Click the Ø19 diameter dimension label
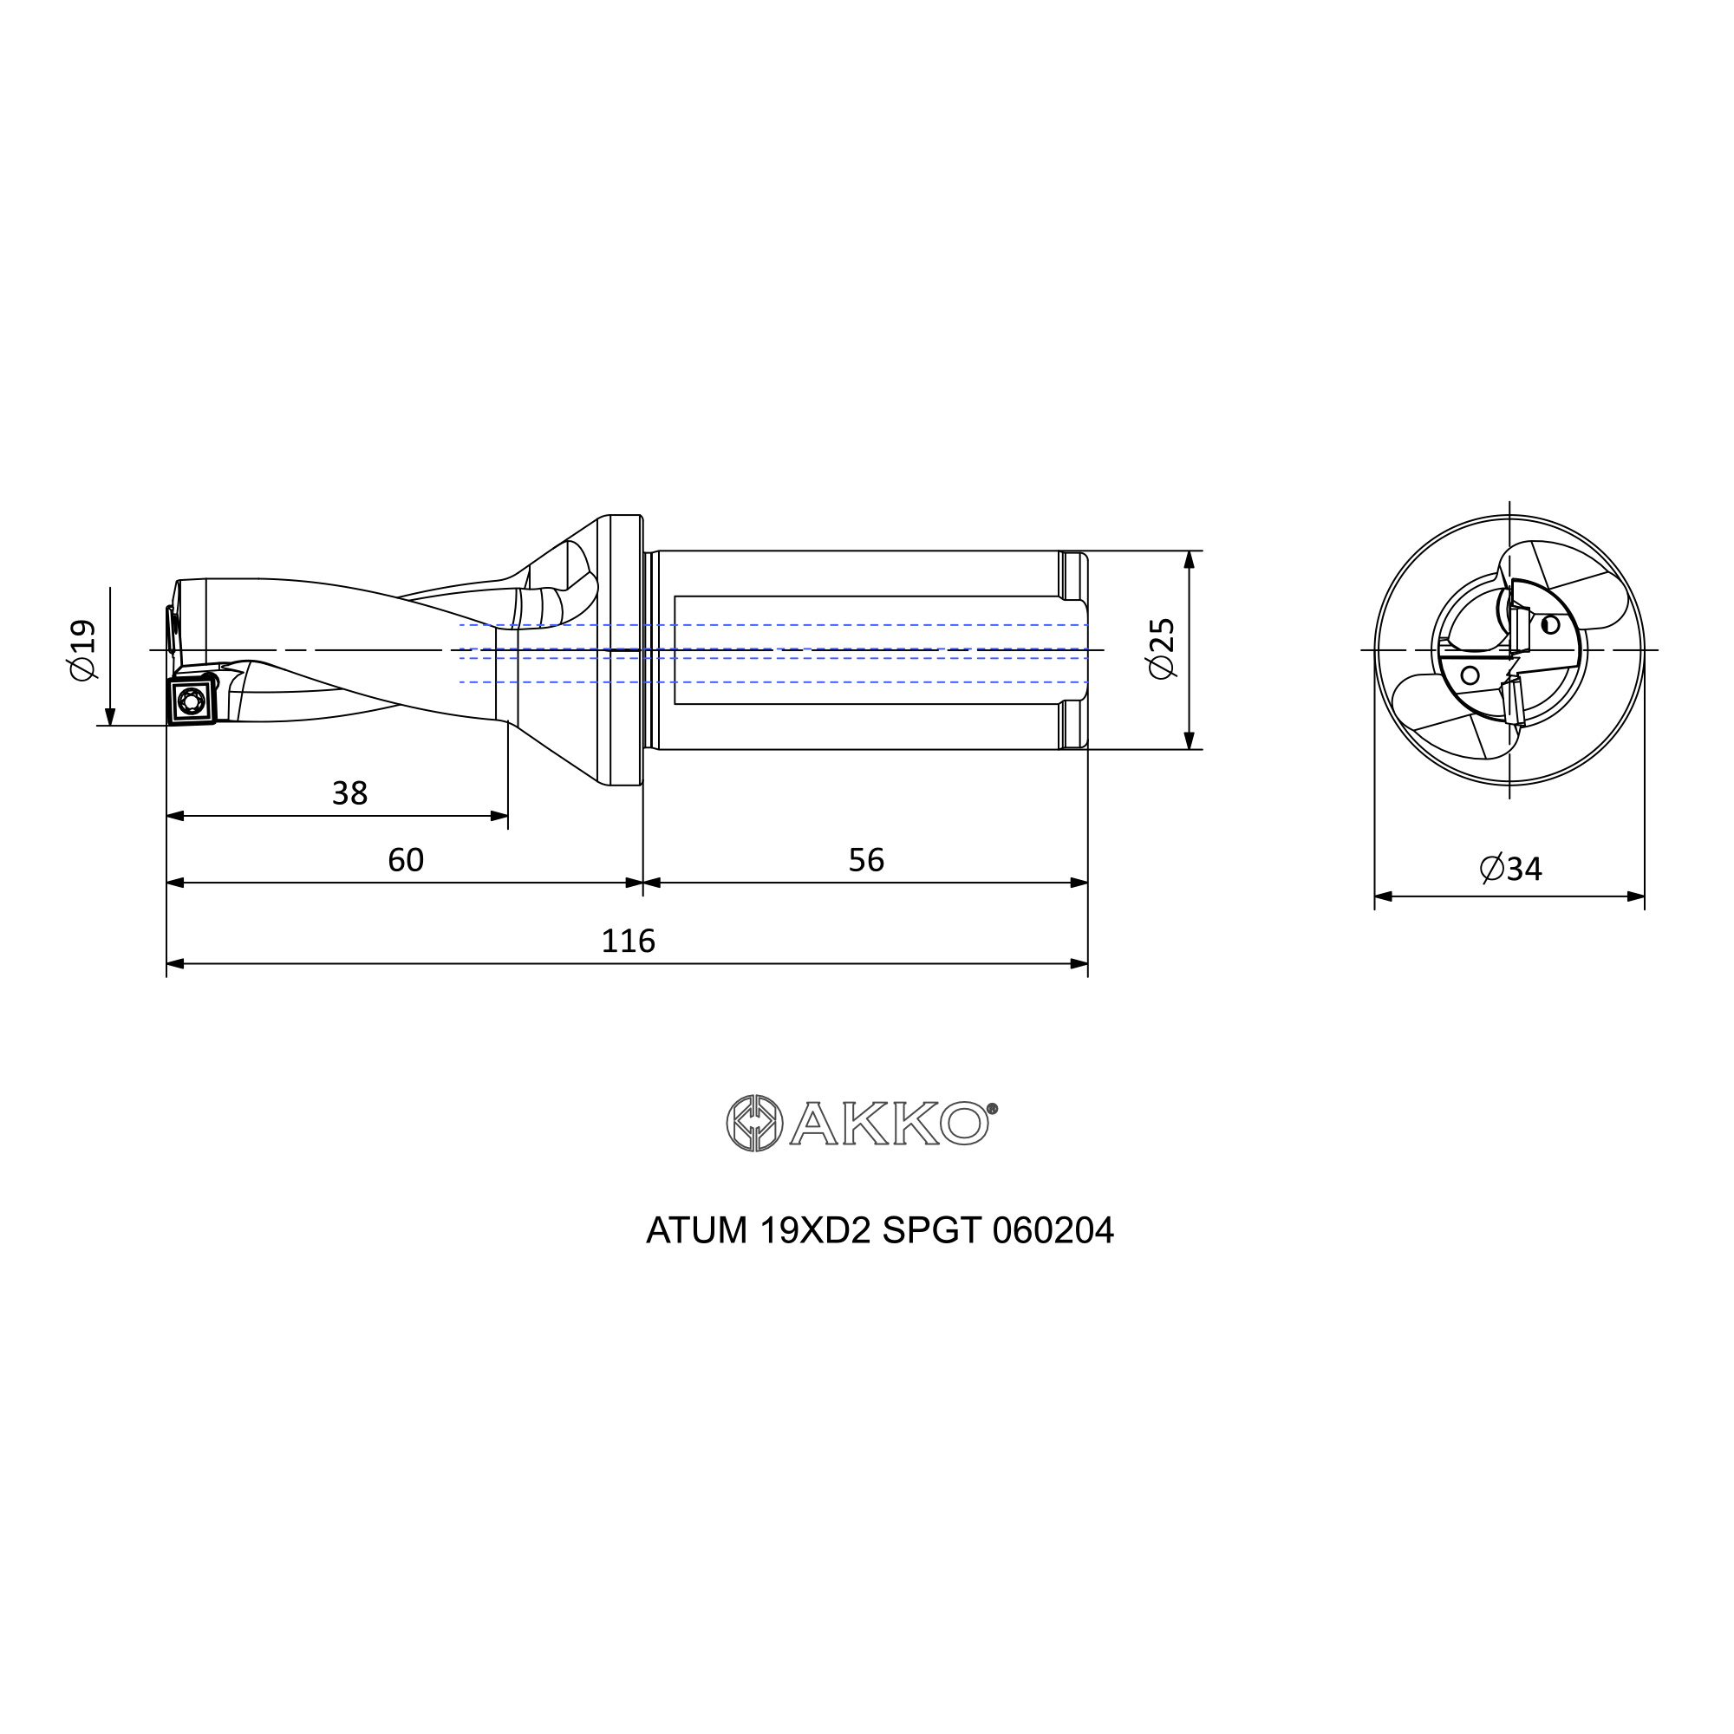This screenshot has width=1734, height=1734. [82, 649]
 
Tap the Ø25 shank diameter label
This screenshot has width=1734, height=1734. [1162, 648]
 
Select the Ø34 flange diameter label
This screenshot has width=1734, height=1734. [1510, 869]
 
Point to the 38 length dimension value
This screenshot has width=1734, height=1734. [350, 793]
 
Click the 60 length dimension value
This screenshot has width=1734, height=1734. [406, 860]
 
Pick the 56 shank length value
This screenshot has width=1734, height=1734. [866, 860]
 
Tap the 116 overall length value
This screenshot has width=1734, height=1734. [629, 941]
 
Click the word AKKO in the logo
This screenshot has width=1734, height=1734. [890, 1124]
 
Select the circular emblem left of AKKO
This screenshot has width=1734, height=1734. [755, 1124]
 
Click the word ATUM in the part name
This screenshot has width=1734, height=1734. [696, 1230]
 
